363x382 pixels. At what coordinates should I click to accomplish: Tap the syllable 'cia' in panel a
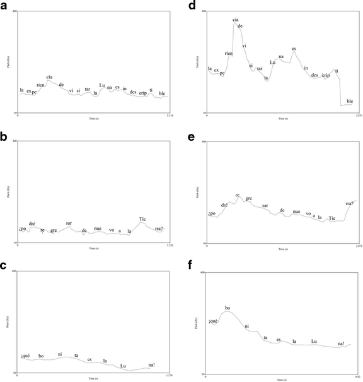point(49,77)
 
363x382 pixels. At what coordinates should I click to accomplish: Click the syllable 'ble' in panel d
point(350,101)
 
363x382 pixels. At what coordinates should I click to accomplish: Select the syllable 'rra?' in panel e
point(350,203)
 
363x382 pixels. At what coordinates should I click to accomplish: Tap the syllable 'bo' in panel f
point(228,308)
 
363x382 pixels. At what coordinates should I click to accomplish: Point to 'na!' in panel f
point(341,343)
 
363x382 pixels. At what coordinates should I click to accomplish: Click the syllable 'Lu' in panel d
point(273,63)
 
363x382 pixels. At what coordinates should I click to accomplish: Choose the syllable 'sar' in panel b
point(69,223)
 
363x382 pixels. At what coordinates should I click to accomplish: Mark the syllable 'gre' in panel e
point(248,198)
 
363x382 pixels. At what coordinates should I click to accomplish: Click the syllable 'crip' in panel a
point(143,92)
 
